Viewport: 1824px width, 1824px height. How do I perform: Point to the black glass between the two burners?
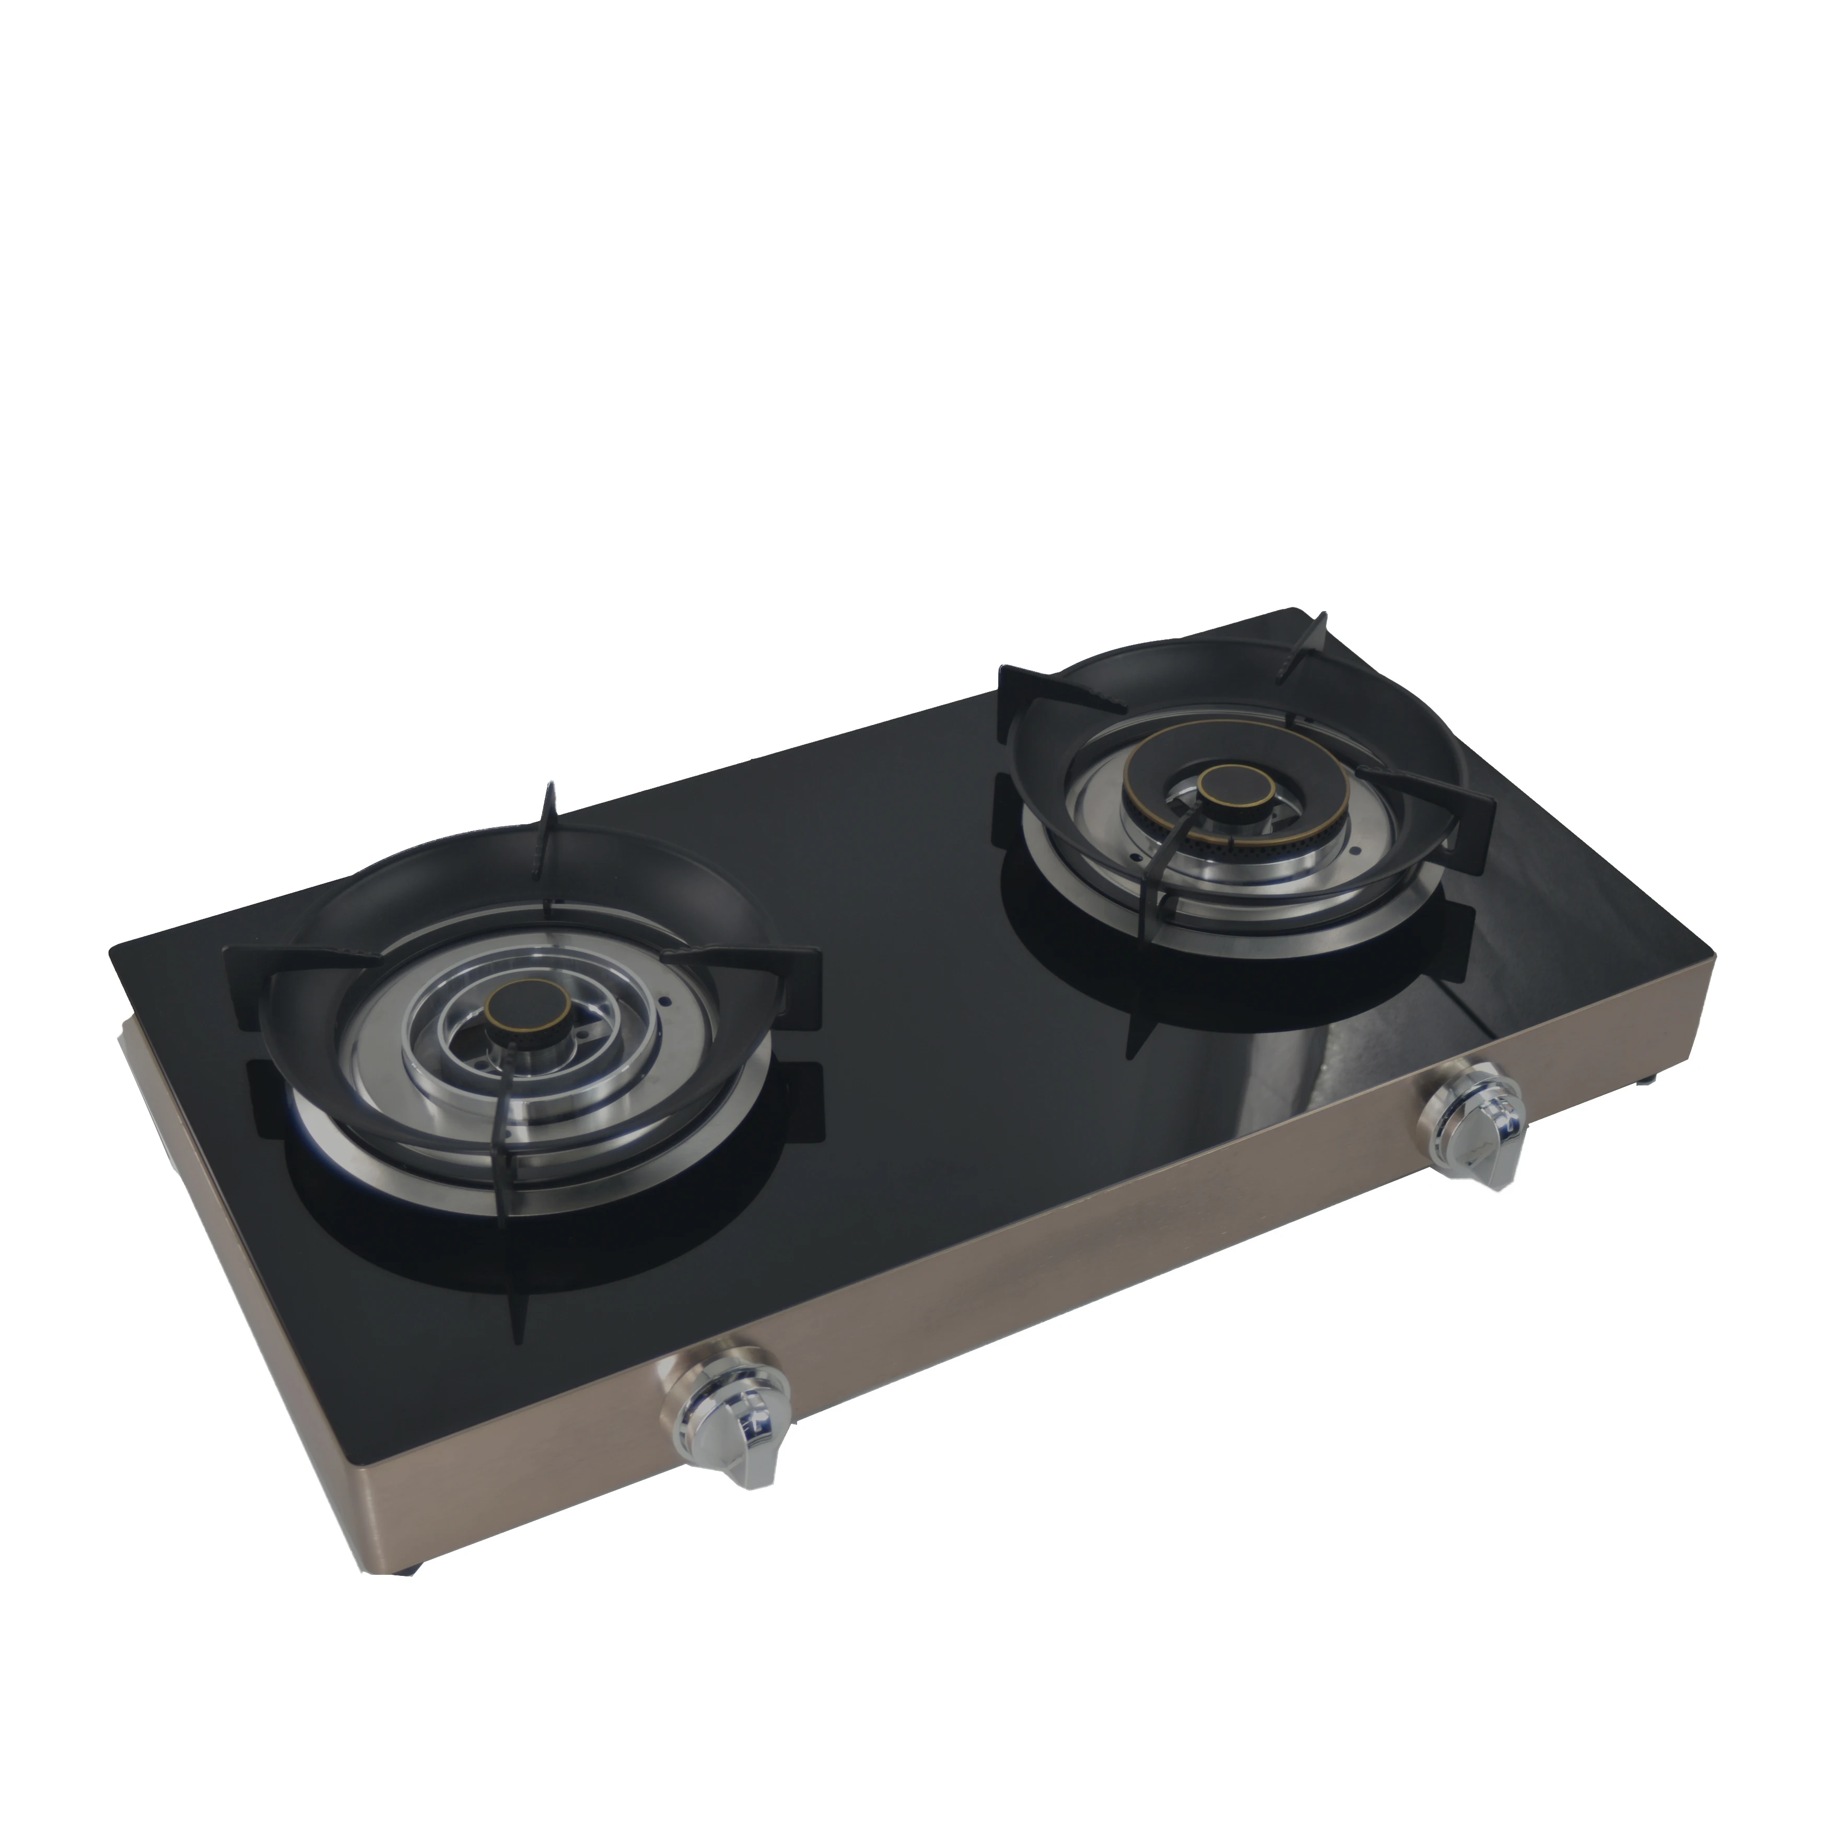[x=906, y=897]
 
